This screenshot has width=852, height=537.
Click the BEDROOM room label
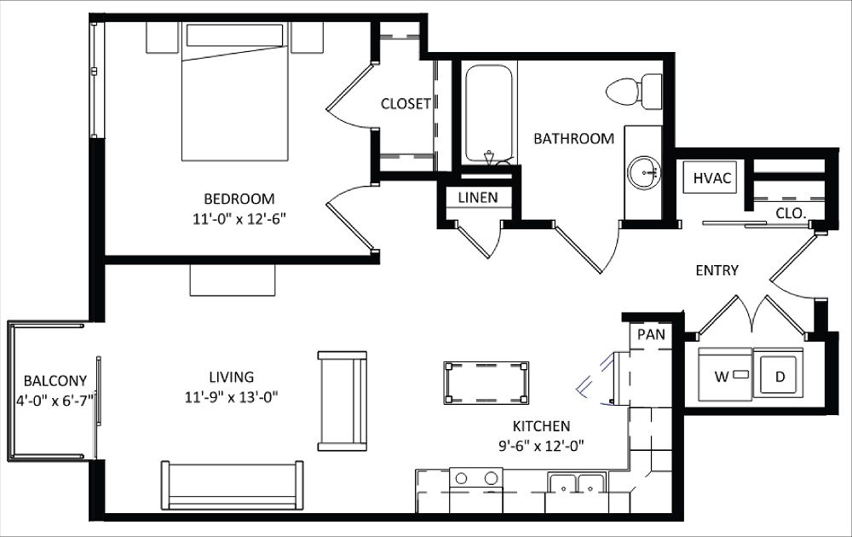coord(239,199)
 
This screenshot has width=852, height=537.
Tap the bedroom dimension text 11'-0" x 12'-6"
coord(239,218)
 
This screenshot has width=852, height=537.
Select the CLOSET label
coord(406,103)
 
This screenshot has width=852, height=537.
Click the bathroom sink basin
coord(646,174)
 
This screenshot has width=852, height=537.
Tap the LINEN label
coord(478,198)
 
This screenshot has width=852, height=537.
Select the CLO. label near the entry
coord(792,212)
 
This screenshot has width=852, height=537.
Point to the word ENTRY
coord(717,270)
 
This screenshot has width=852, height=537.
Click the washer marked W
coord(724,374)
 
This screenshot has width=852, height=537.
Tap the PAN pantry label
coord(651,334)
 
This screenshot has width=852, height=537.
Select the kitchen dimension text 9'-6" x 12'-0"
coord(541,445)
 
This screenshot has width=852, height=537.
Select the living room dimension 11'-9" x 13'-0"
coord(232,396)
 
